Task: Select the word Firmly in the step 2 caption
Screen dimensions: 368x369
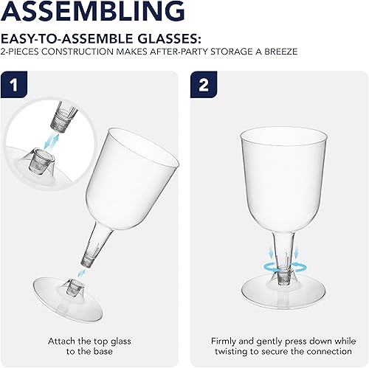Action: pos(224,322)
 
